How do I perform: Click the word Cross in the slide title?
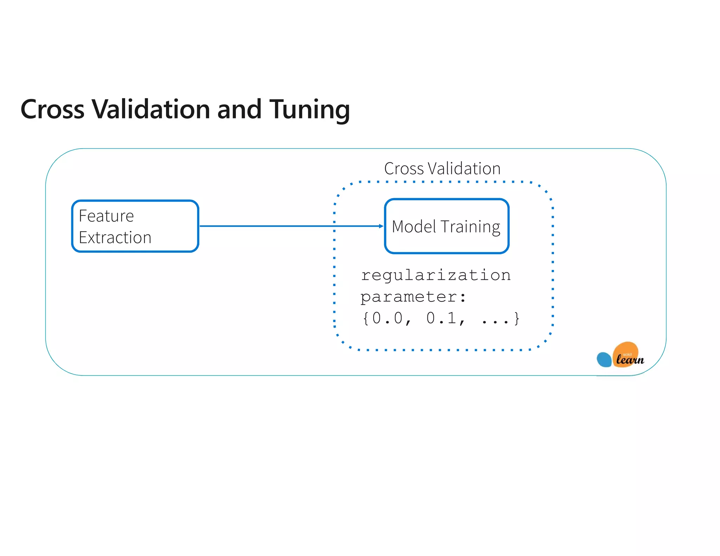pos(52,109)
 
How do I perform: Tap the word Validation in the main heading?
pos(151,109)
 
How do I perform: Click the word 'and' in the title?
pos(239,109)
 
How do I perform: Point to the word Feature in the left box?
pos(106,216)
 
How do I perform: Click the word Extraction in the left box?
pos(115,238)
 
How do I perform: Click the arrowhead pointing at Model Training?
pos(381,226)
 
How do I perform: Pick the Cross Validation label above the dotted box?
pos(442,169)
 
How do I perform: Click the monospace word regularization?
pos(436,275)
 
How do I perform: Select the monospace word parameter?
pos(413,297)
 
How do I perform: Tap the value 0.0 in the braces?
pos(387,318)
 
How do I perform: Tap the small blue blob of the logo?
pos(604,360)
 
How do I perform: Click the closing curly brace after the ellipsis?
pos(516,318)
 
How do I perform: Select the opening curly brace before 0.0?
pos(366,318)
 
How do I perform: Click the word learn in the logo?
pos(630,360)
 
